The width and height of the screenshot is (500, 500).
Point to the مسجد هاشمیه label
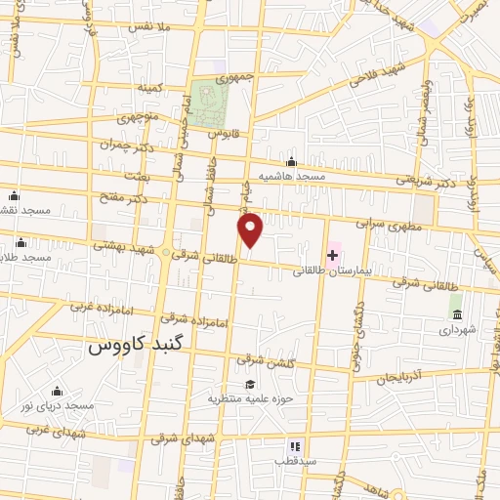(x=290, y=177)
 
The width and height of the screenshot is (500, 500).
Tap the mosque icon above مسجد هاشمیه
(x=290, y=162)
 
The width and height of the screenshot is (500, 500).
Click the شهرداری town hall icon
(x=456, y=312)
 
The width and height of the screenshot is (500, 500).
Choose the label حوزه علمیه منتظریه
(x=251, y=398)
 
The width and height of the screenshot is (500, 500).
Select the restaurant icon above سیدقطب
(x=293, y=445)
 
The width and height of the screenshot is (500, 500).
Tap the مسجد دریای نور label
(x=61, y=405)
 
